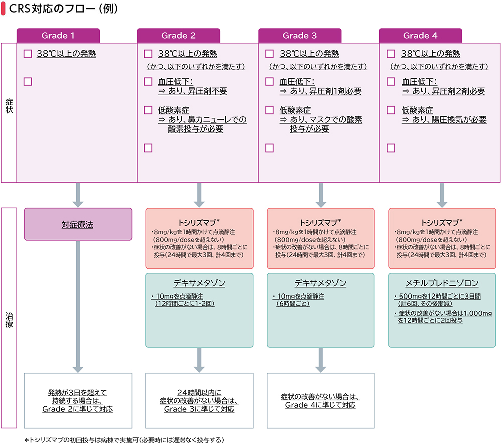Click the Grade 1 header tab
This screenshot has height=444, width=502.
tap(58, 36)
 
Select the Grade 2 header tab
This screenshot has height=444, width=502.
tap(178, 36)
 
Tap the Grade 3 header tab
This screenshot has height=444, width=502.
tap(300, 36)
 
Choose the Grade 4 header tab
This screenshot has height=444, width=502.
tap(420, 36)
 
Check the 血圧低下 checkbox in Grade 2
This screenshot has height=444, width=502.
tap(148, 82)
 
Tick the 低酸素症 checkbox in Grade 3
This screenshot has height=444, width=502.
tap(270, 110)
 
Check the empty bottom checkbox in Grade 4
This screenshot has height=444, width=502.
tap(391, 147)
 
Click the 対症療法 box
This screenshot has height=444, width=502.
tap(78, 225)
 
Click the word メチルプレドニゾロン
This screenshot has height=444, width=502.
tap(441, 283)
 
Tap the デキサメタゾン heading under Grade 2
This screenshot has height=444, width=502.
tap(199, 283)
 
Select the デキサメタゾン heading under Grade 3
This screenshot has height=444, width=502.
tap(320, 283)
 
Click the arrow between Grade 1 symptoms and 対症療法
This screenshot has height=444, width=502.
tap(78, 195)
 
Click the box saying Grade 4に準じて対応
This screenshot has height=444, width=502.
tap(320, 400)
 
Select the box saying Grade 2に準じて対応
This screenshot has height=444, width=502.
tap(78, 400)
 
